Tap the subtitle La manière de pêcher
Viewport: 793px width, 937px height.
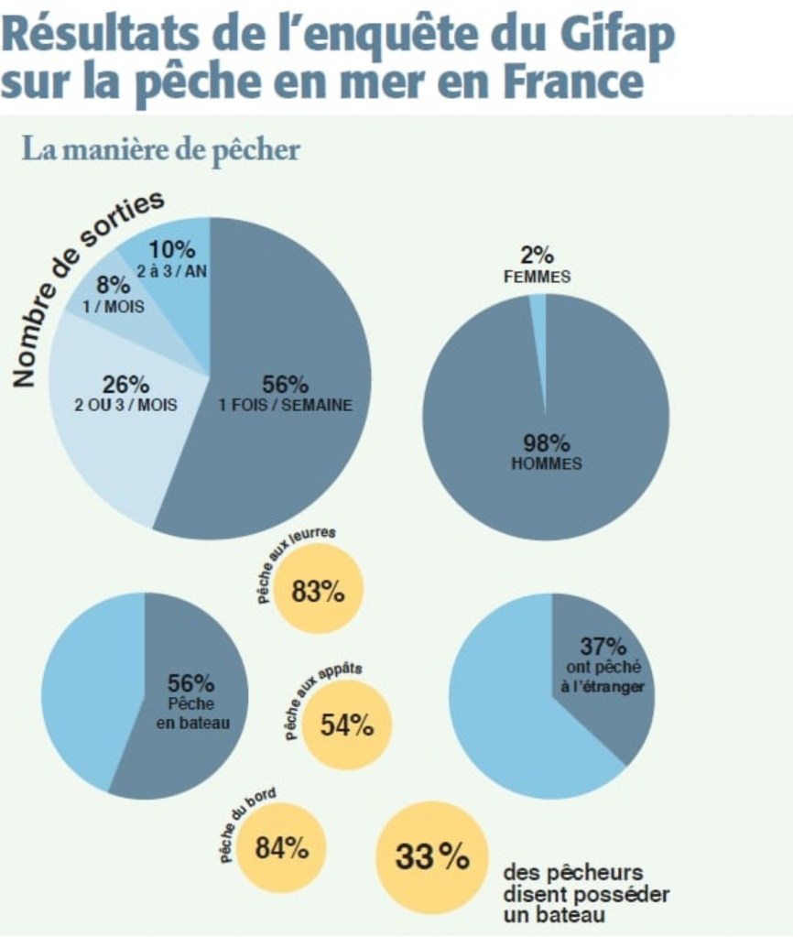click(161, 148)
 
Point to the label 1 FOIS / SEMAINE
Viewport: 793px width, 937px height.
click(285, 406)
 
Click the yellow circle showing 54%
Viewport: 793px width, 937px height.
click(346, 725)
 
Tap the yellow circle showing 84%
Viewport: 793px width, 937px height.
click(281, 848)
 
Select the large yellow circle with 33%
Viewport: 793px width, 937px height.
click(430, 857)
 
